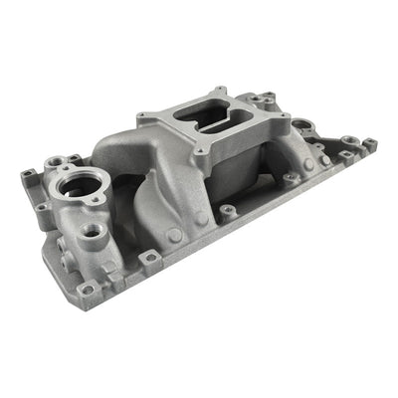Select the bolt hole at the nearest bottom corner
pos(88,289)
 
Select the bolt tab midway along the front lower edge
pos(149,258)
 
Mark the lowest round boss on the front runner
pos(174,235)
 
